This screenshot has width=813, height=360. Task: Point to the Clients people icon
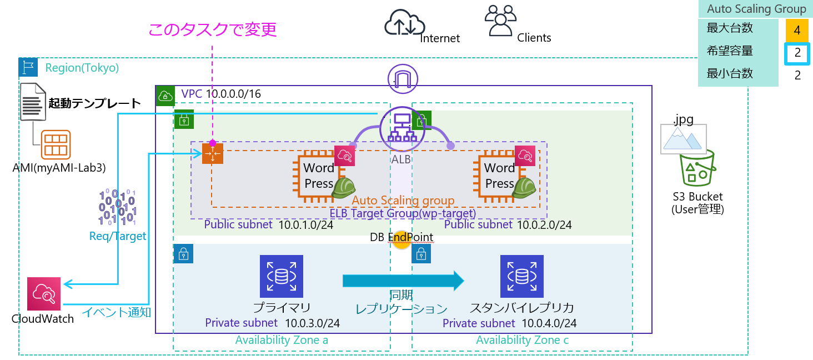click(x=501, y=21)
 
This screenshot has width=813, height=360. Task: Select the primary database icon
click(x=281, y=276)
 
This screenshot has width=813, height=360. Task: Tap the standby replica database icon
click(x=521, y=276)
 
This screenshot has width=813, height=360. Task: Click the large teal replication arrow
click(x=403, y=281)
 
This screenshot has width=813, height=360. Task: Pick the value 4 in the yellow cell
click(x=797, y=31)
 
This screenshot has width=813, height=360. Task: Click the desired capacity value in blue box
click(x=797, y=53)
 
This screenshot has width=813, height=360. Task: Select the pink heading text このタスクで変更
click(x=212, y=29)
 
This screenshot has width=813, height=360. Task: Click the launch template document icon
click(x=33, y=102)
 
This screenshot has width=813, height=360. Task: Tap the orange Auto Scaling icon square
click(x=212, y=153)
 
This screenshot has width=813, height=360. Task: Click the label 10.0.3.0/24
click(x=313, y=323)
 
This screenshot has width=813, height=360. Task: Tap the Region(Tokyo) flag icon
click(x=28, y=67)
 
